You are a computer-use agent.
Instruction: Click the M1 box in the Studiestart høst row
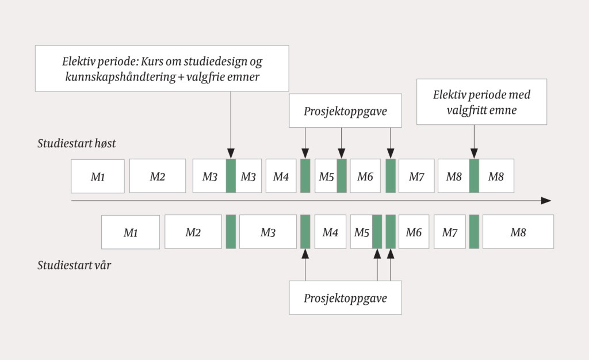[98, 177]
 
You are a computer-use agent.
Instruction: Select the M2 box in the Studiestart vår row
[193, 232]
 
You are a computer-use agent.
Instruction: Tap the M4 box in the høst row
[281, 177]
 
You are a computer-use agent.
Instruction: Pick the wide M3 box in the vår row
[268, 232]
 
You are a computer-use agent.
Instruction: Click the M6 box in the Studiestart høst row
[365, 177]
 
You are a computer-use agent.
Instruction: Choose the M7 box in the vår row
[450, 232]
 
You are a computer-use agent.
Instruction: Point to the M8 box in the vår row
[518, 232]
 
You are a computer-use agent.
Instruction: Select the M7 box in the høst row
[416, 177]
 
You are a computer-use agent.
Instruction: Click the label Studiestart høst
[77, 144]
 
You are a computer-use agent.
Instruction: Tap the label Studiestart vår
[74, 265]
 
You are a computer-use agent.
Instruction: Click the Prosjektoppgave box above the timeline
[345, 110]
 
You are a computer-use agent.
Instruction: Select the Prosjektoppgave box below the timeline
[345, 298]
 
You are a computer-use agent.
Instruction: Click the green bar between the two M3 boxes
[231, 176]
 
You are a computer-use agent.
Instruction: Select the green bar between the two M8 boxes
[474, 176]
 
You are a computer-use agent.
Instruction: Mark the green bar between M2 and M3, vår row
[231, 232]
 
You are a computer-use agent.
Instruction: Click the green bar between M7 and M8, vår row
[474, 232]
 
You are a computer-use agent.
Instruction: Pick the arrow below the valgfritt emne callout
[474, 141]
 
